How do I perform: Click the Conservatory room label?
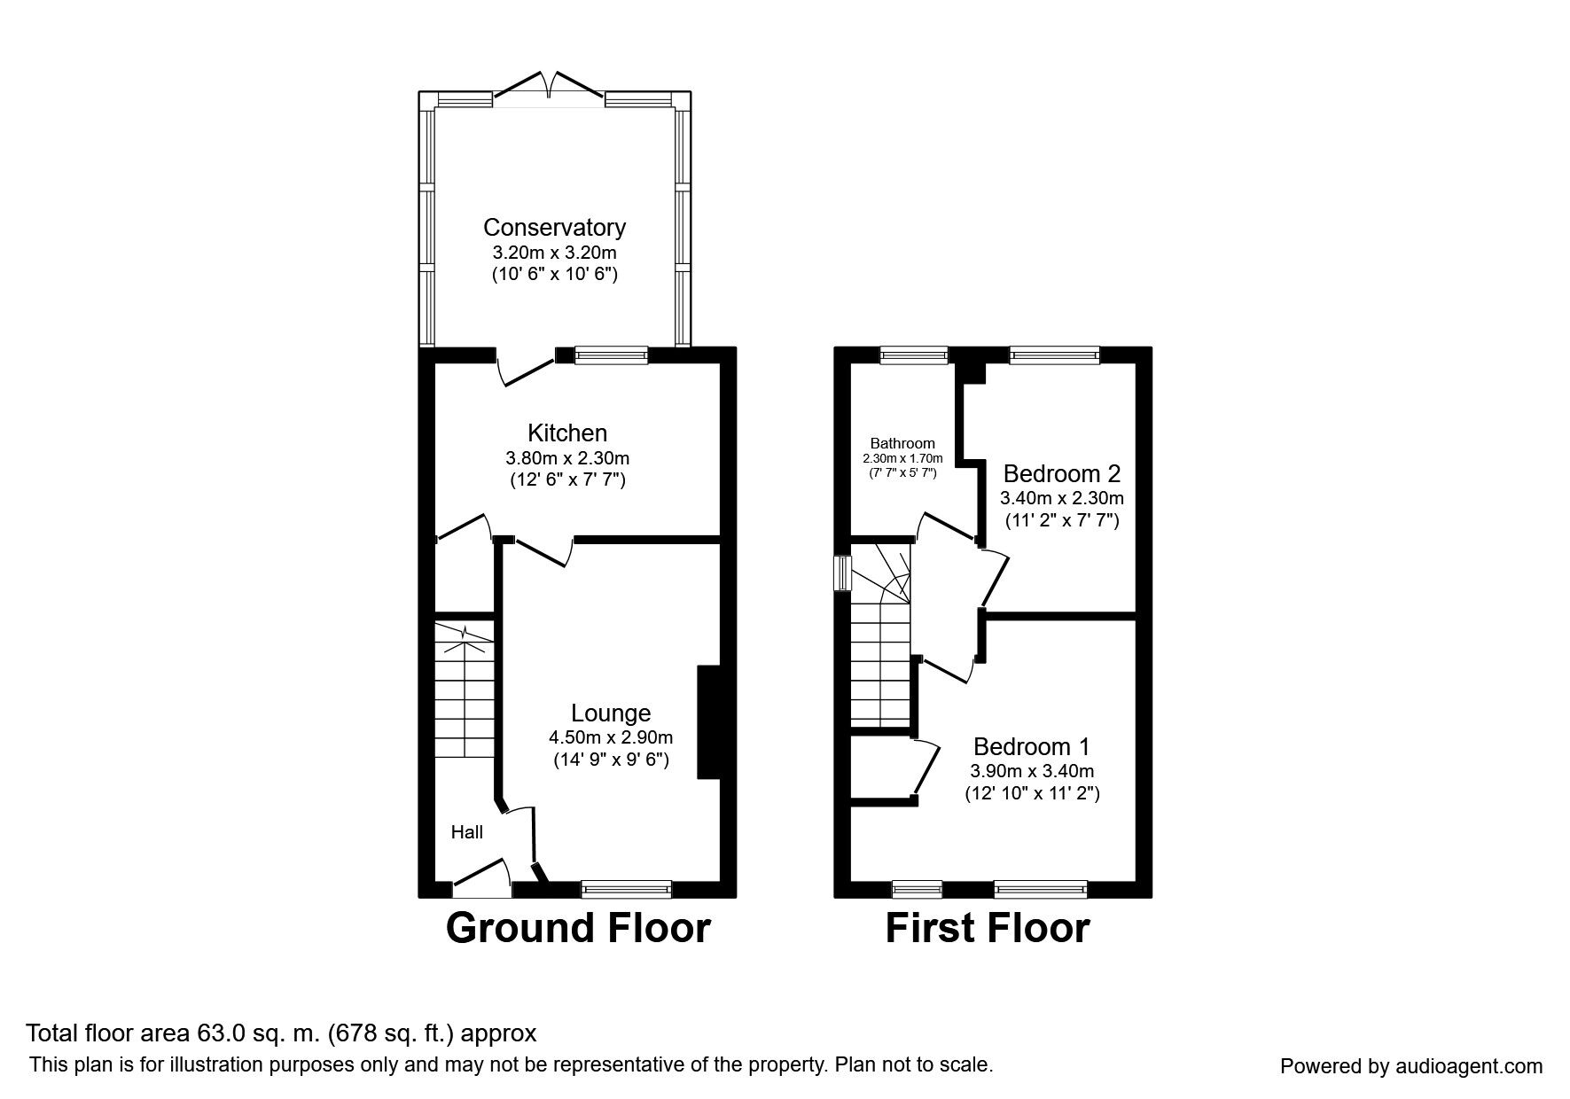pyautogui.click(x=554, y=227)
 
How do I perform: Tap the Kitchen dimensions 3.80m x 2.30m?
pyautogui.click(x=567, y=458)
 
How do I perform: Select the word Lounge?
pyautogui.click(x=611, y=713)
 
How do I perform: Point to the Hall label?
pyautogui.click(x=467, y=832)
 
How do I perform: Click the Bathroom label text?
pyautogui.click(x=902, y=443)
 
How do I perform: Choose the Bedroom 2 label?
pyautogui.click(x=1062, y=472)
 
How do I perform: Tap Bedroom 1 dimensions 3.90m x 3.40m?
pyautogui.click(x=1032, y=771)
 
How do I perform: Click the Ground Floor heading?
pyautogui.click(x=578, y=928)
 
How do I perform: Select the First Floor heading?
pyautogui.click(x=988, y=928)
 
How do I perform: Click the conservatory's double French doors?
pyautogui.click(x=550, y=87)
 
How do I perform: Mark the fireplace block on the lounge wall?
pyautogui.click(x=708, y=722)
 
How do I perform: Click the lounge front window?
pyautogui.click(x=627, y=887)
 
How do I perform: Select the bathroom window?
pyautogui.click(x=913, y=355)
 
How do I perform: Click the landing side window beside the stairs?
pyautogui.click(x=843, y=572)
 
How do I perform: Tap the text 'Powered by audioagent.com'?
pyautogui.click(x=1411, y=1066)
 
